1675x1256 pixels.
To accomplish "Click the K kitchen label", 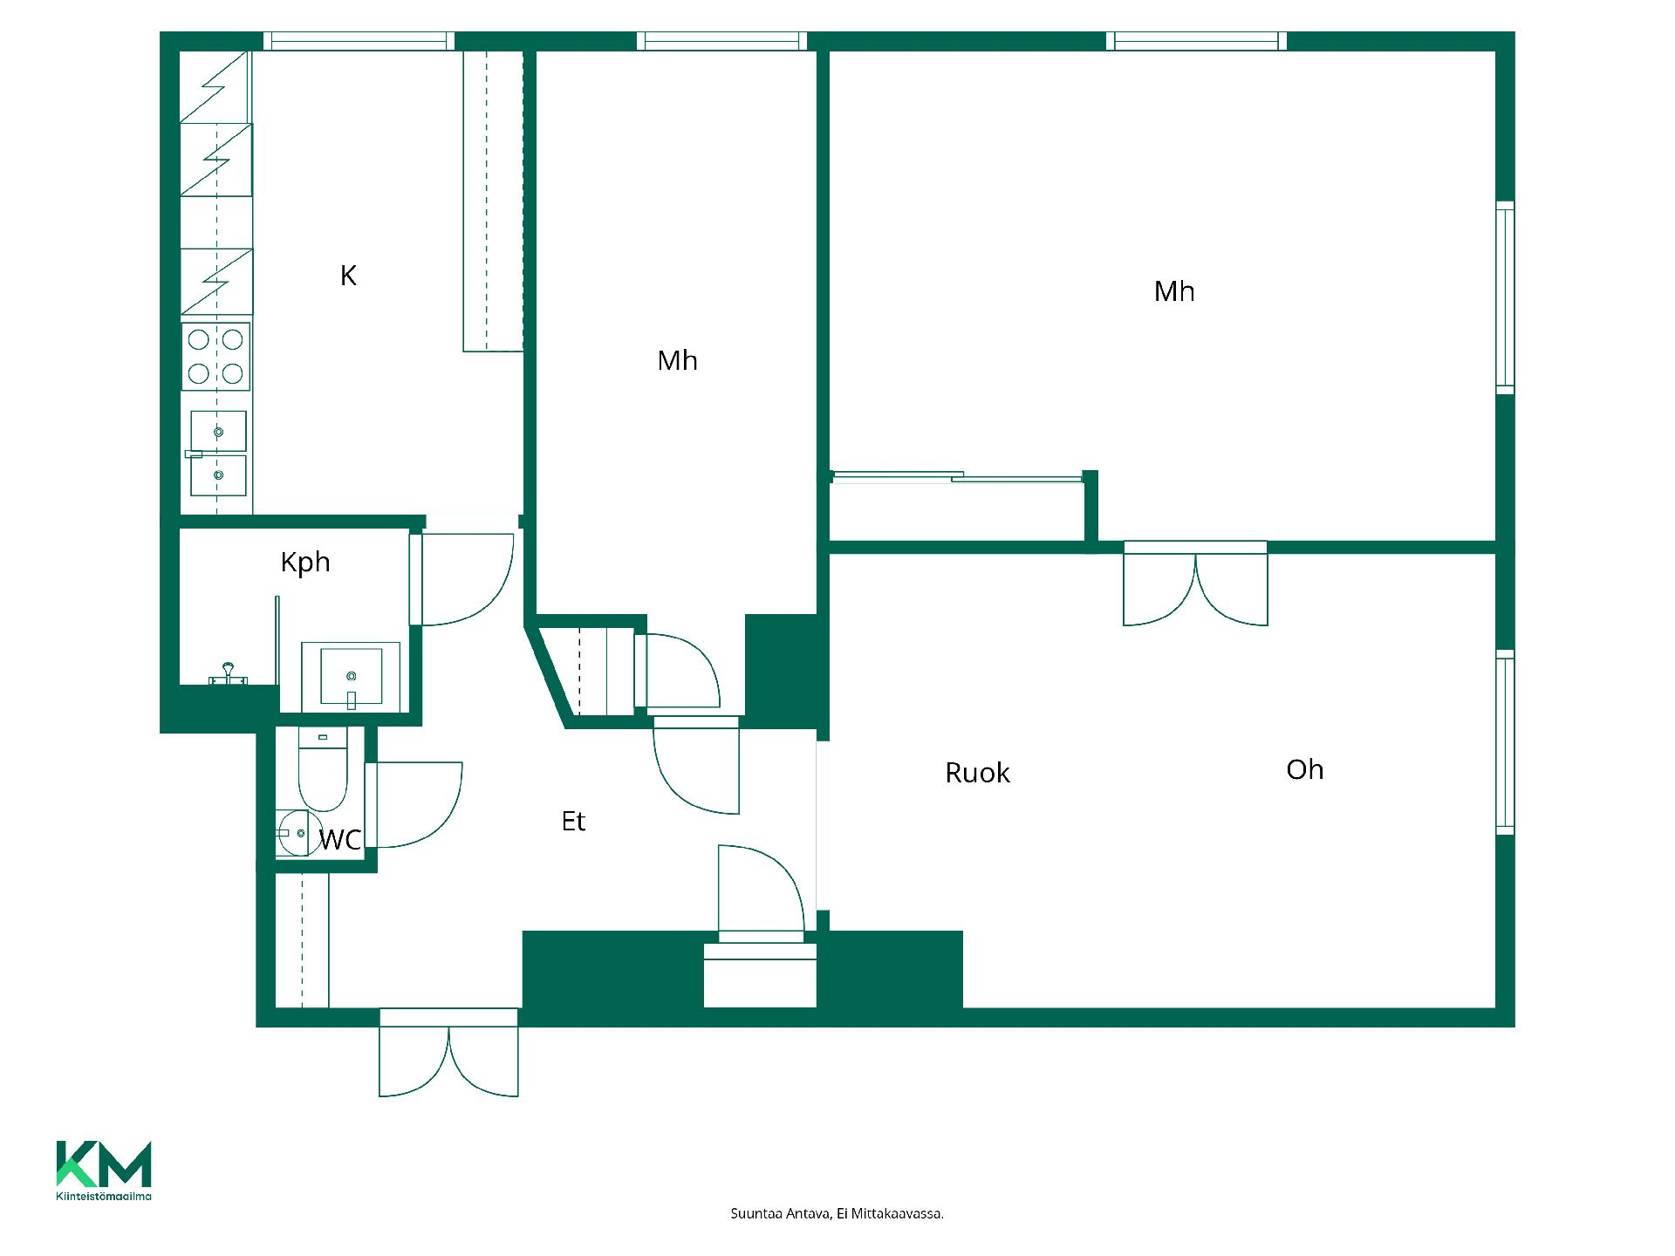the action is click(348, 276).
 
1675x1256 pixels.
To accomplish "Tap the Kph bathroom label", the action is click(305, 563).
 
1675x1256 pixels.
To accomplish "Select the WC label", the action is click(340, 840).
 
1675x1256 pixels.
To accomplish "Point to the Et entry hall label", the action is click(573, 821).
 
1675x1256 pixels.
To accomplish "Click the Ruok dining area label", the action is click(977, 773).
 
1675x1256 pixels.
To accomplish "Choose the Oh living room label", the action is click(1305, 769).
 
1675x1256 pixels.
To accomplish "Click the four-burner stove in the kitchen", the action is click(215, 356).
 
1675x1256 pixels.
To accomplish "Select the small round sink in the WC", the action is click(293, 833).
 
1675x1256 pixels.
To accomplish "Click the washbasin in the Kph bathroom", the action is click(351, 676).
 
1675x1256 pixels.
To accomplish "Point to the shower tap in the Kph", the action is click(229, 675).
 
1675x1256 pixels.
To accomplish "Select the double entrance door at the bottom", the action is click(448, 1053).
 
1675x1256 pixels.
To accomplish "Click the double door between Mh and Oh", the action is click(1195, 584).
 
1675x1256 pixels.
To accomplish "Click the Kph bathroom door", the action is click(461, 579).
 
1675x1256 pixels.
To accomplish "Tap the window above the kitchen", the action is click(359, 41).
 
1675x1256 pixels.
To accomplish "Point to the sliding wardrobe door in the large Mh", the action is click(957, 476).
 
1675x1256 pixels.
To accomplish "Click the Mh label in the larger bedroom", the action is click(1174, 291).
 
